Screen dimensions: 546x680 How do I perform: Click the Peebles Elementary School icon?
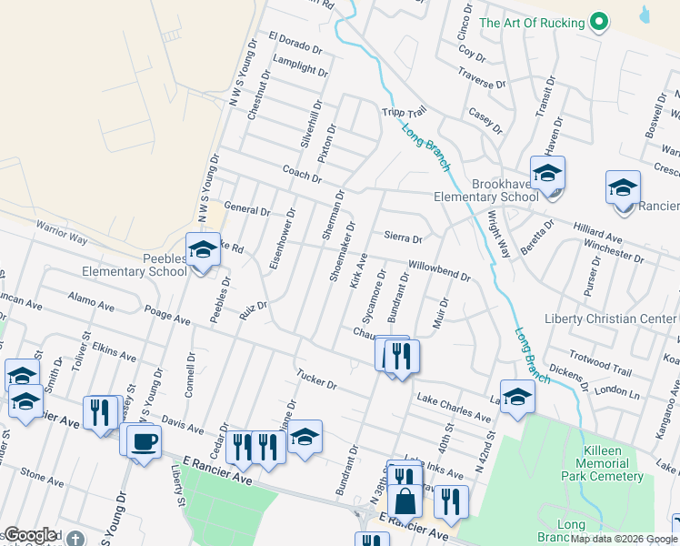(x=202, y=249)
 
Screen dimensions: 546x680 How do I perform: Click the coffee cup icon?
(x=144, y=442)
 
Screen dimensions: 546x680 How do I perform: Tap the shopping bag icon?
(x=404, y=501)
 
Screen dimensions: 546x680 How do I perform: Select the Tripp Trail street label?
(x=404, y=112)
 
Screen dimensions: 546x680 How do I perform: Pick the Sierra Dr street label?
(x=403, y=238)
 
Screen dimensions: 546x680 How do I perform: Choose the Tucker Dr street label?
(x=316, y=379)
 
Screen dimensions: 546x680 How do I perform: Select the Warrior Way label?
(x=61, y=232)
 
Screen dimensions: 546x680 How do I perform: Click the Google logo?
(x=30, y=535)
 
